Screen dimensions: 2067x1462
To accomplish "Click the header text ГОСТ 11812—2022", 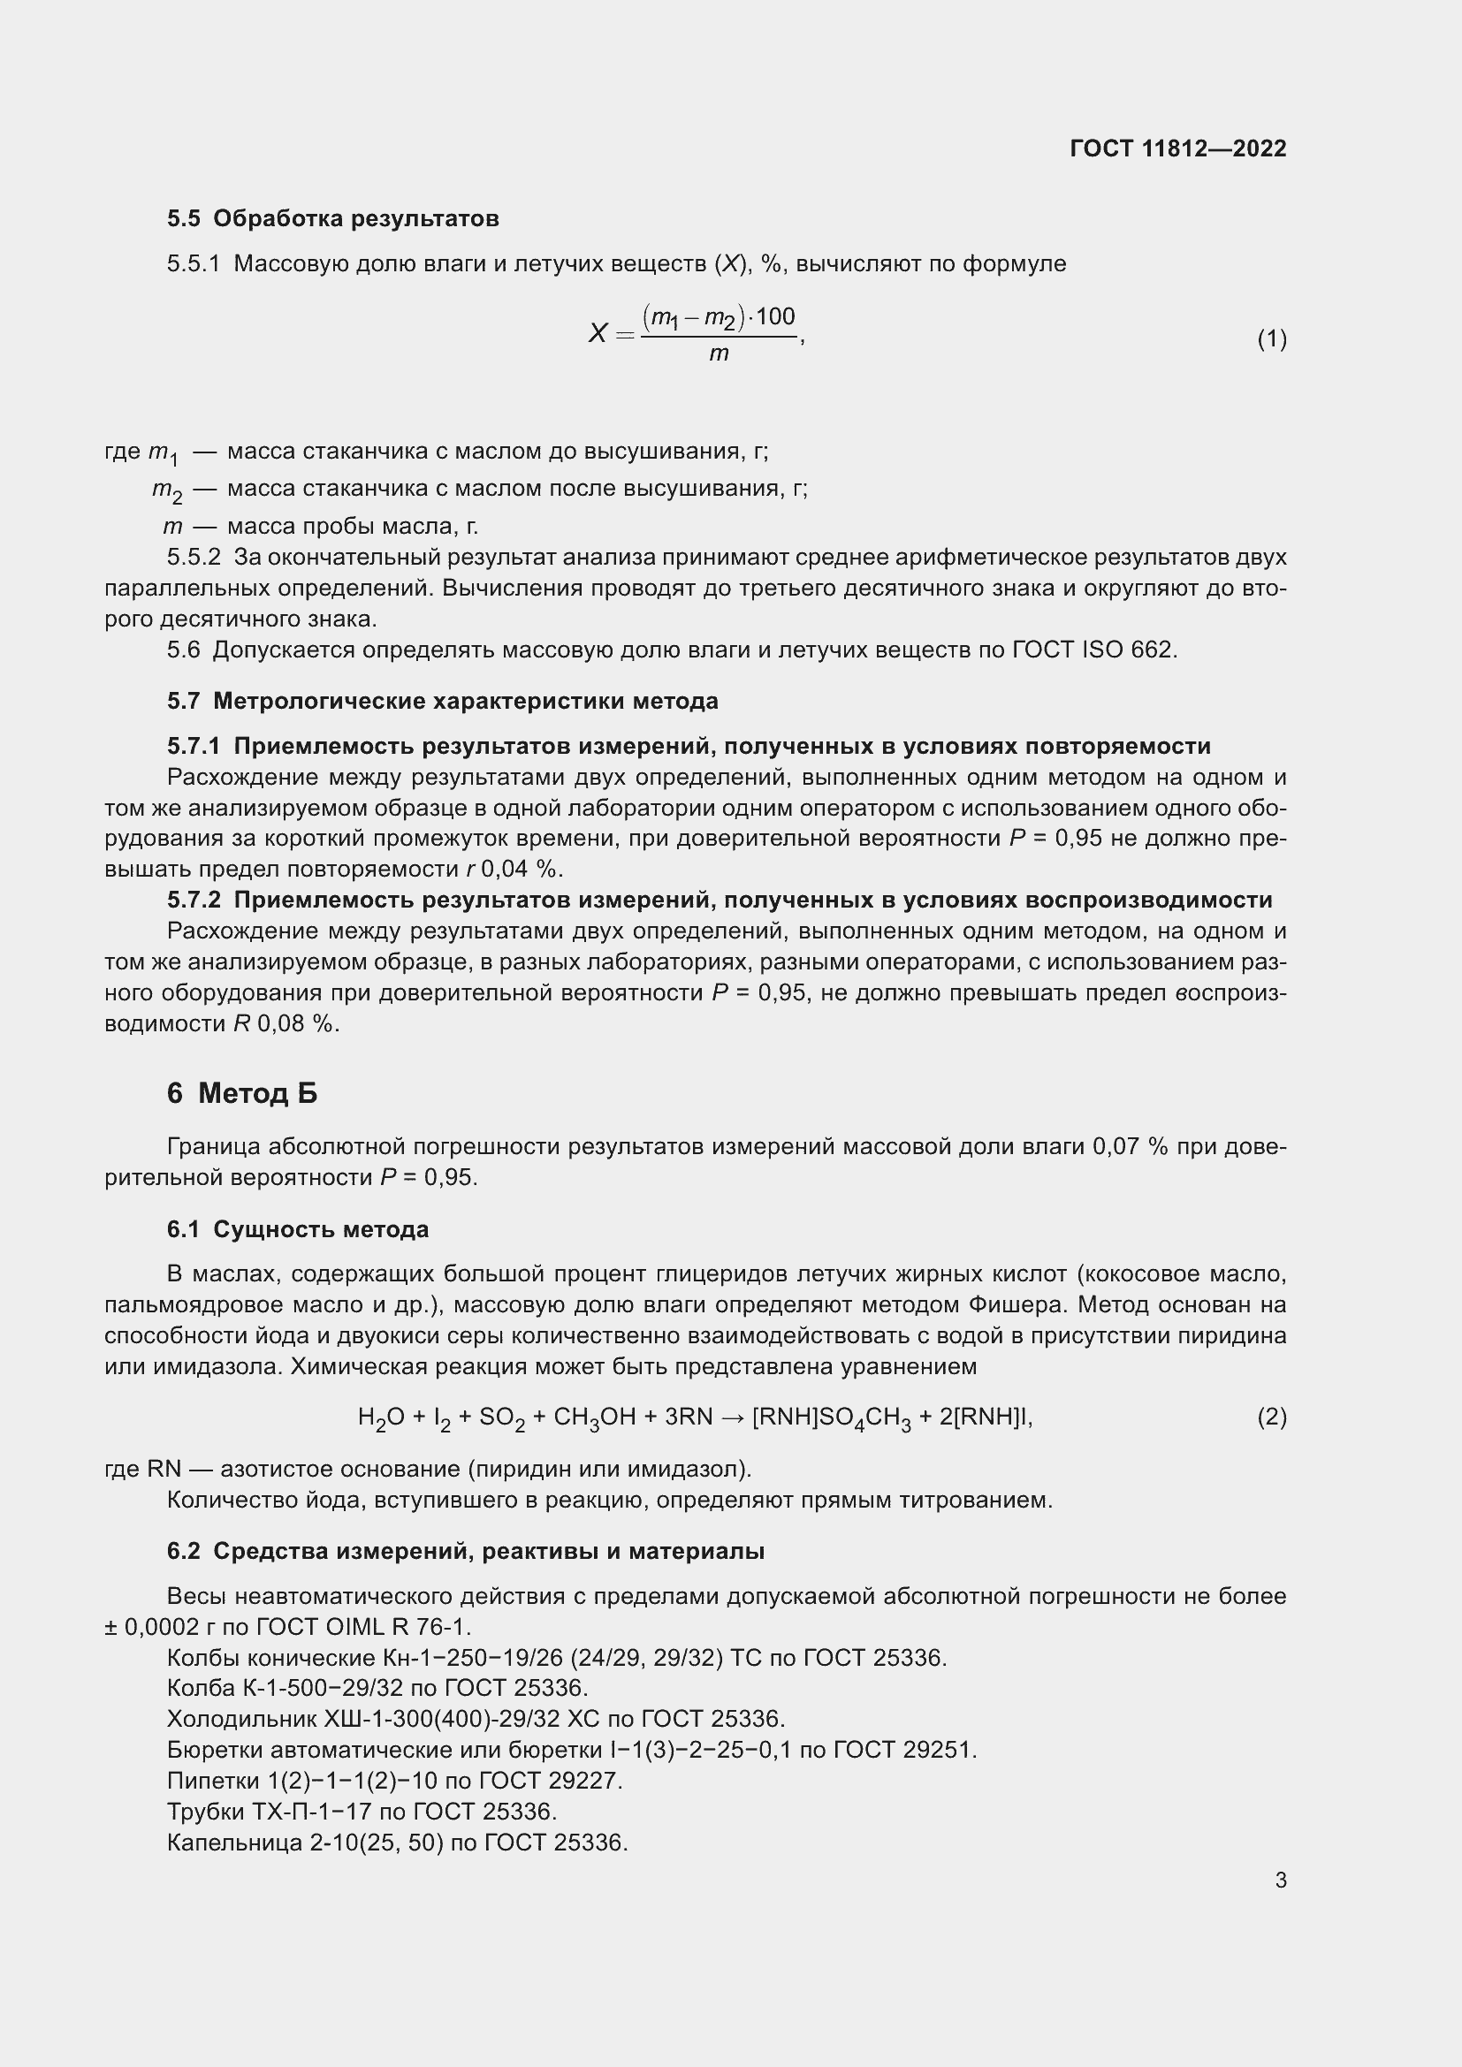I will (1177, 148).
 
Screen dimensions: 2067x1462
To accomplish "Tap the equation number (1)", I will (1271, 338).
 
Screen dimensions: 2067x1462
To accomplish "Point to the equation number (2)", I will (1271, 1417).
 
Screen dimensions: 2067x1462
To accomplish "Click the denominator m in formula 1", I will (718, 354).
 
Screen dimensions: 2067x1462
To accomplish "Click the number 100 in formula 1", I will (775, 317).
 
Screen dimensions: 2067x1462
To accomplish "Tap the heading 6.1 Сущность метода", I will (297, 1230).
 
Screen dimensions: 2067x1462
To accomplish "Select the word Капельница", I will (234, 1843).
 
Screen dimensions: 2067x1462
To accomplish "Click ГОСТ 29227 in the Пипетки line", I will (550, 1781).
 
